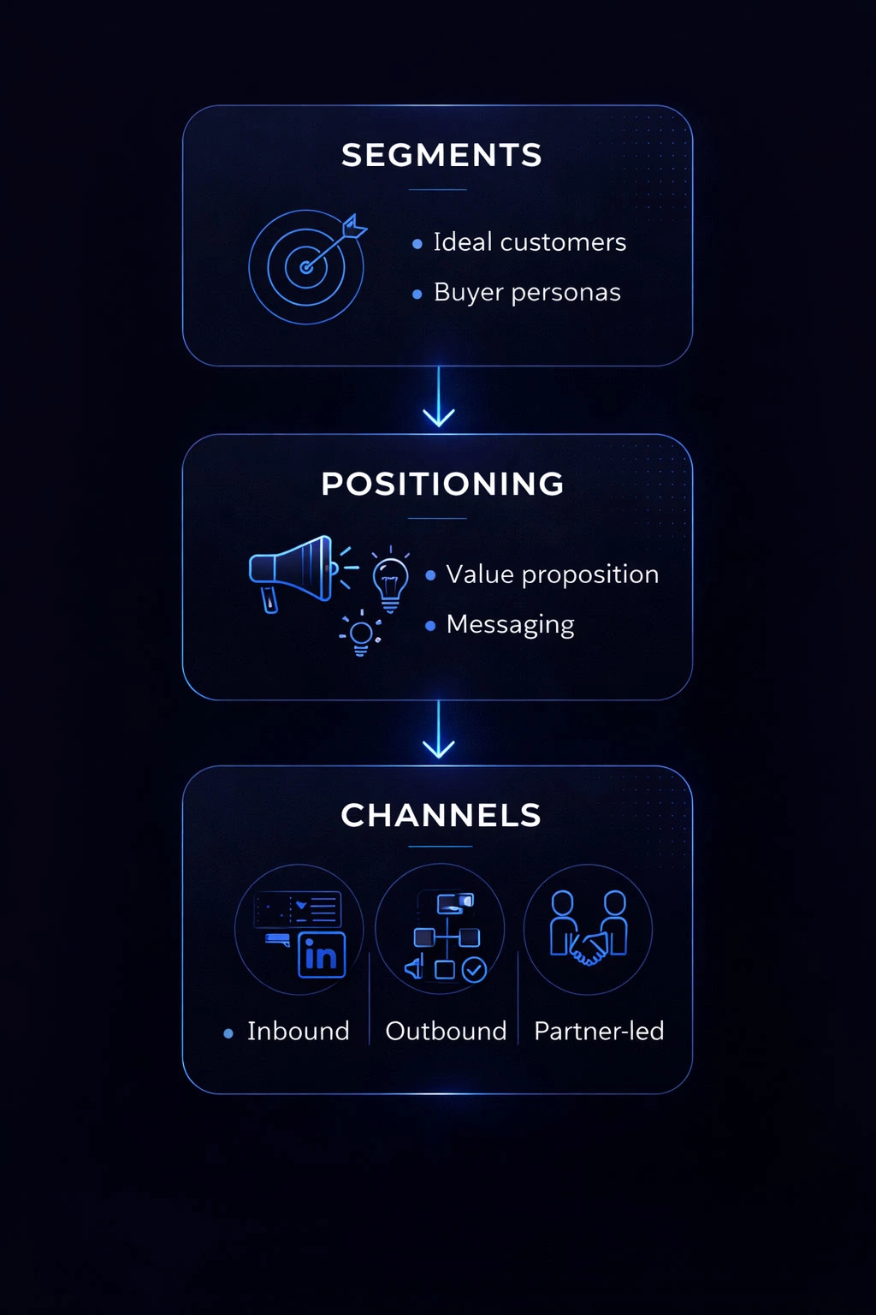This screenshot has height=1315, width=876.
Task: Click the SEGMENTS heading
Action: [x=441, y=155]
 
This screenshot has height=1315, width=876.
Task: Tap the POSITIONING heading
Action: [x=442, y=484]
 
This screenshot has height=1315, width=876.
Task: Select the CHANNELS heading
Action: [x=441, y=815]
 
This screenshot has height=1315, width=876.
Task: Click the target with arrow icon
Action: [x=306, y=266]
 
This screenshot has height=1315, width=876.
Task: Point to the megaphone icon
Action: [x=291, y=571]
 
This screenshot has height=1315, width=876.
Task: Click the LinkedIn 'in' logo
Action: [x=322, y=955]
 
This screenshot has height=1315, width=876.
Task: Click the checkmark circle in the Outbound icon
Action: [x=474, y=969]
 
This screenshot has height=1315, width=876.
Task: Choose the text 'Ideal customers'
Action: [x=530, y=242]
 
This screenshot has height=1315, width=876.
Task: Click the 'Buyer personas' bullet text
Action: [x=527, y=293]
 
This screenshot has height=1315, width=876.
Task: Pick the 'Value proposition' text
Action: [x=553, y=574]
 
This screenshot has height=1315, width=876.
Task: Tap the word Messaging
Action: [x=511, y=625]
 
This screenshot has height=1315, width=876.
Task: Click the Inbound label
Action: [x=299, y=1031]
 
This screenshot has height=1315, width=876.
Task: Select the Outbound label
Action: [x=446, y=1031]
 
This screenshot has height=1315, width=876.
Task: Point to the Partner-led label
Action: [x=599, y=1031]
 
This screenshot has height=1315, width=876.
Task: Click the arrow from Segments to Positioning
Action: [x=439, y=399]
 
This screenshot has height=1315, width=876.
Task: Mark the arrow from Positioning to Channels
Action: [x=439, y=731]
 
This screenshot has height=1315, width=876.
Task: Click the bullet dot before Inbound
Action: [x=228, y=1033]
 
